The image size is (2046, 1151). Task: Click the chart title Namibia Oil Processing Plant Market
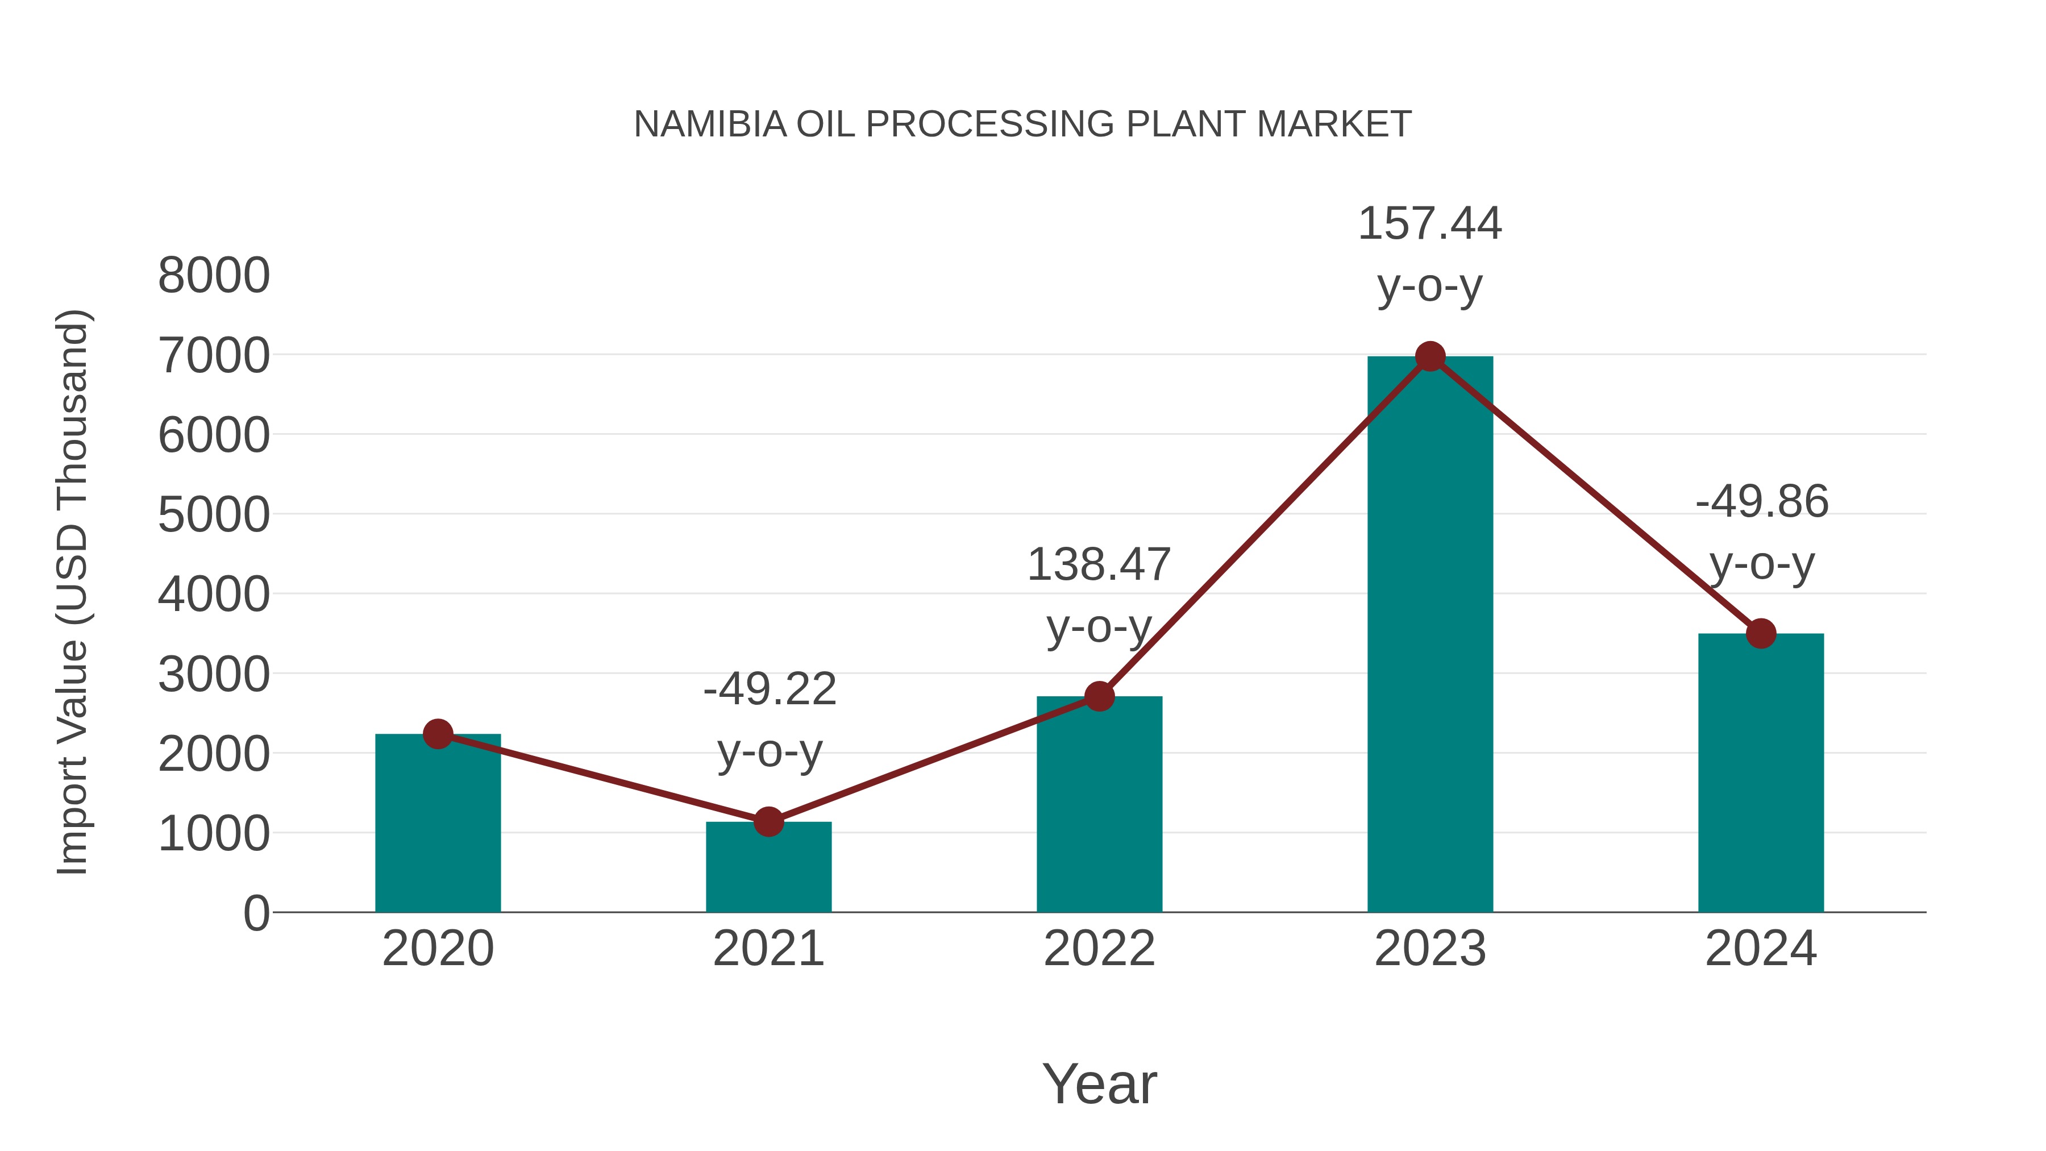point(1022,124)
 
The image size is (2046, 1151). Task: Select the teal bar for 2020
point(438,826)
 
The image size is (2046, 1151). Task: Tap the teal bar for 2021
point(768,870)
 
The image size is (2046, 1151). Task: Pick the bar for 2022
point(1099,806)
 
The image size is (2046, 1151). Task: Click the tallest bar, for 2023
point(1430,635)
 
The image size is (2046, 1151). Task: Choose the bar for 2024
point(1761,775)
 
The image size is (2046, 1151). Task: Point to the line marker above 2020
point(438,734)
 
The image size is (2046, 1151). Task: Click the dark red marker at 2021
point(768,821)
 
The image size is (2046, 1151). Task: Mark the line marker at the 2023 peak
point(1430,356)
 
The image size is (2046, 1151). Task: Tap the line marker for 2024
point(1761,633)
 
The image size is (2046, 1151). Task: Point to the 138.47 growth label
point(1099,565)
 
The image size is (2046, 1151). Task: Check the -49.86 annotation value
point(1762,502)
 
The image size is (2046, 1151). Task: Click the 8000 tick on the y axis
point(214,276)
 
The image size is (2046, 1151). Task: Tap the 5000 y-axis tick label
point(214,515)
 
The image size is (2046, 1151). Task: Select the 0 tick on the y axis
point(256,913)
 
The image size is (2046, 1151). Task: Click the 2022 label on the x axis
point(1099,949)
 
